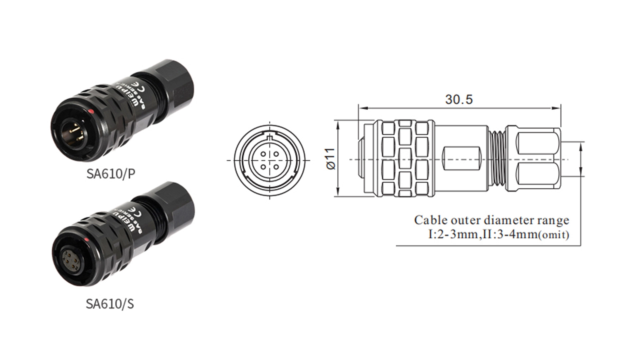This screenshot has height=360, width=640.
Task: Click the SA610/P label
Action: tap(111, 174)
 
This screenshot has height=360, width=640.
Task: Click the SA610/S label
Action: tap(110, 304)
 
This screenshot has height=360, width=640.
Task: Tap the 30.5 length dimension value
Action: tap(459, 99)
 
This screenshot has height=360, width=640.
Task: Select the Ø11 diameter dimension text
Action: tap(331, 159)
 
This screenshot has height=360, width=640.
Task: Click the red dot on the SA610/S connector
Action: tap(86, 240)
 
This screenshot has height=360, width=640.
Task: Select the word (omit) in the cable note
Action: tap(554, 235)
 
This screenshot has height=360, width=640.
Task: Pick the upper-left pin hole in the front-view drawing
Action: tap(263, 154)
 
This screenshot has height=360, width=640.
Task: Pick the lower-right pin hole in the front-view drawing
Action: tap(276, 166)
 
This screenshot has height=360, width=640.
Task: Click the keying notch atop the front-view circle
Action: tap(270, 136)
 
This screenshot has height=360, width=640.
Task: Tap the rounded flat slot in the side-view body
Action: tap(462, 159)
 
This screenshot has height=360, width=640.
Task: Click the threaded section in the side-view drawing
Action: tap(497, 159)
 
